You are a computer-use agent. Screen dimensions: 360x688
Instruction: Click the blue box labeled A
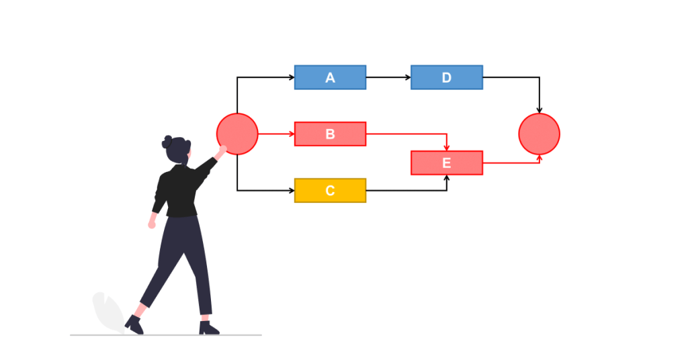pyautogui.click(x=330, y=77)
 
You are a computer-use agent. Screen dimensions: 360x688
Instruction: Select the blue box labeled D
pyautogui.click(x=446, y=77)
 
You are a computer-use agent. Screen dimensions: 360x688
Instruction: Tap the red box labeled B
pyautogui.click(x=330, y=134)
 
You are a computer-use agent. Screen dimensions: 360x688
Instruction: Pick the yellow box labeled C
pyautogui.click(x=330, y=190)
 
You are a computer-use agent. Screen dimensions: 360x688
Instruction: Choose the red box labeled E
pyautogui.click(x=446, y=163)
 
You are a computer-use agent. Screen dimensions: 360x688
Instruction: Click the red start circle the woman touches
pyautogui.click(x=237, y=134)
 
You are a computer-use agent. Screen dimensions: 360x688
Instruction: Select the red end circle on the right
pyautogui.click(x=539, y=134)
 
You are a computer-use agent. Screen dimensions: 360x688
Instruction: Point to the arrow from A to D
pyautogui.click(x=388, y=77)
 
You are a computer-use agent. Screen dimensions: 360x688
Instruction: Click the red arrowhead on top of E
pyautogui.click(x=447, y=147)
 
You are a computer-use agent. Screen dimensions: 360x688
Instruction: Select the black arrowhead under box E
pyautogui.click(x=447, y=178)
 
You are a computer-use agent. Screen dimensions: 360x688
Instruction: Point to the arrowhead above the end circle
pyautogui.click(x=539, y=109)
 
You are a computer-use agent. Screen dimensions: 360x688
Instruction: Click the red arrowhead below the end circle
pyautogui.click(x=539, y=159)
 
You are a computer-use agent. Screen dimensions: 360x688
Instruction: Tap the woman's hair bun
pyautogui.click(x=167, y=142)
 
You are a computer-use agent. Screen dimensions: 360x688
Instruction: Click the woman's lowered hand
pyautogui.click(x=152, y=224)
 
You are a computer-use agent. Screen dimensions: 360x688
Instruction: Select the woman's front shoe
pyautogui.click(x=208, y=328)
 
